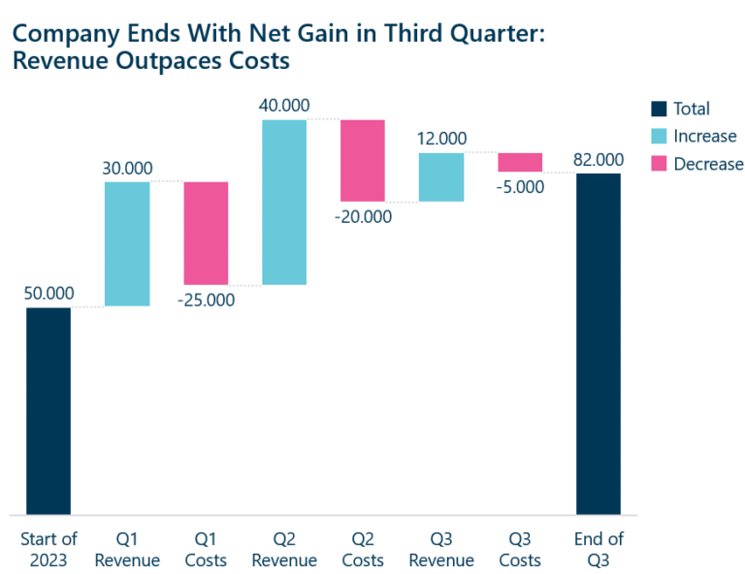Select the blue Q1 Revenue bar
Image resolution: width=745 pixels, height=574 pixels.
coord(127,243)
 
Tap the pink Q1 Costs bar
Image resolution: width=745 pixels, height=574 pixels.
coord(206,233)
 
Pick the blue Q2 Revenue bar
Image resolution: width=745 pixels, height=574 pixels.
coord(284,202)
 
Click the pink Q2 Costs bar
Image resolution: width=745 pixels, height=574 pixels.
coord(363,160)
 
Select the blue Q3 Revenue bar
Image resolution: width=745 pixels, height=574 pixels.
coord(441,176)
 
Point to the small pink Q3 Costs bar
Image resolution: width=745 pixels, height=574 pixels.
coord(520,162)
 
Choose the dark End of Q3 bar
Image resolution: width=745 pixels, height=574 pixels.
coord(599,343)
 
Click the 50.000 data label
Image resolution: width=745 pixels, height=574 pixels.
coord(49,293)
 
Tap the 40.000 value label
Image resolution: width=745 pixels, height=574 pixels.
coord(284,105)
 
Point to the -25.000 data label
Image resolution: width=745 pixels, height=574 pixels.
coord(206,300)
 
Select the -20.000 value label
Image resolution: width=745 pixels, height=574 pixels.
coord(363,216)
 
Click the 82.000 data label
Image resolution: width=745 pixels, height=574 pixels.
coord(599,159)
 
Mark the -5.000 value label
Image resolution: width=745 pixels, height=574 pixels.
coord(520,186)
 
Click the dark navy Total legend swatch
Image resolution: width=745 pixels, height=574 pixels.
coord(659,109)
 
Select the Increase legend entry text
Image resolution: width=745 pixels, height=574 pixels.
coord(705,137)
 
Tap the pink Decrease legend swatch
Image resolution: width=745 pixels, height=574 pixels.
coord(659,164)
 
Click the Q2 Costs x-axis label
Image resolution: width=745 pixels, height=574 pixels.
coord(363,550)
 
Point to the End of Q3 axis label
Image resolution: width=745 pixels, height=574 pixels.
coord(599,550)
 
